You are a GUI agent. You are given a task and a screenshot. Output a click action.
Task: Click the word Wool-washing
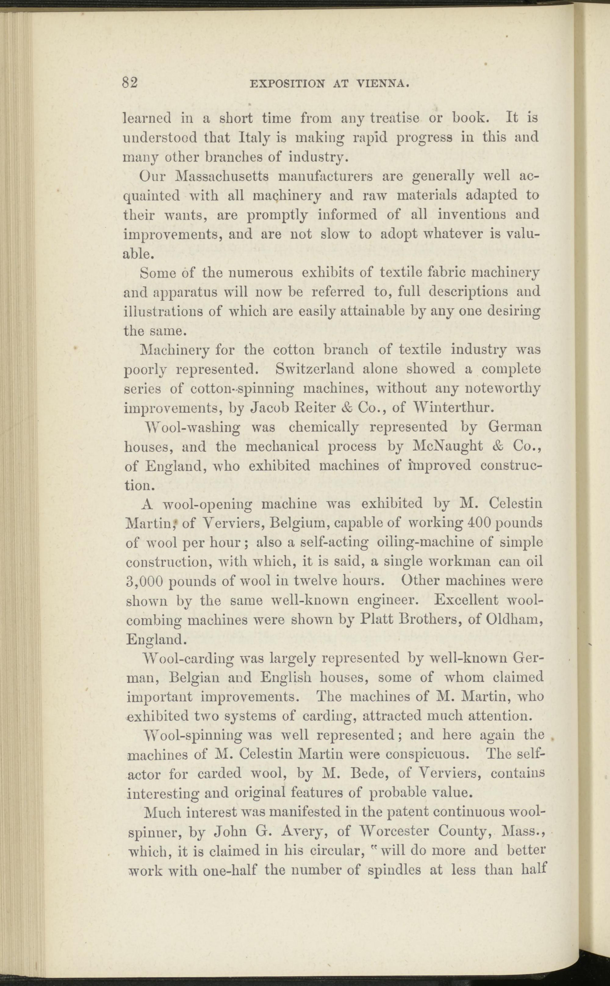tap(189, 427)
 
